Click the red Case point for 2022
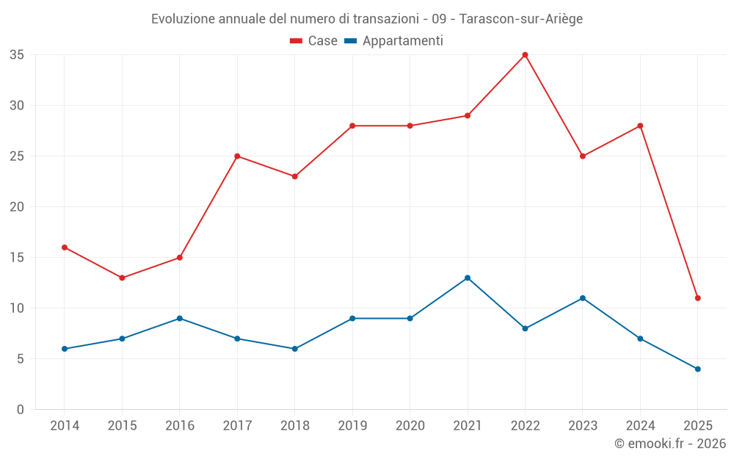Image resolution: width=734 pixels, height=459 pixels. coord(525,55)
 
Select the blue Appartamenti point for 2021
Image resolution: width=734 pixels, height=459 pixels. coord(468,278)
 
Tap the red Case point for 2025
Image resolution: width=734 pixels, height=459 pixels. coord(697,298)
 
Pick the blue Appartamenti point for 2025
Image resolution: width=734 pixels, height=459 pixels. coord(697,369)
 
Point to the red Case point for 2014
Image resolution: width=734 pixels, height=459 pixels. coord(65,247)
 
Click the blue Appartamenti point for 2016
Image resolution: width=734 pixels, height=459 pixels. coord(180,318)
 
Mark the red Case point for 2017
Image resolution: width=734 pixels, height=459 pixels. coord(237,156)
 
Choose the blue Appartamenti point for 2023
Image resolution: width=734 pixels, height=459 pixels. coord(583,298)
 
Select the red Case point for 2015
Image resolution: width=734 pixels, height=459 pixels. coord(122,278)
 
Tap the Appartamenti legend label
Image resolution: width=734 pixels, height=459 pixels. coord(402,41)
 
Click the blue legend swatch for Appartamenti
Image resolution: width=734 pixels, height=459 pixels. coord(351,41)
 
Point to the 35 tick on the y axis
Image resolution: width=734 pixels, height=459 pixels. coord(17,55)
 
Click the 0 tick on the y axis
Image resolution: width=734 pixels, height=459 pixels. coord(21,409)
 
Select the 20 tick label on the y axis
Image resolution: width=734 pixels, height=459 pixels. coord(17,207)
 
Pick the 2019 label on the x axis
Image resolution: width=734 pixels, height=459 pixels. coord(352,426)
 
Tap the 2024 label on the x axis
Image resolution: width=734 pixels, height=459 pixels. coord(640,426)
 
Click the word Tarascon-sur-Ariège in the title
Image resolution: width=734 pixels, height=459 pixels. coord(520,19)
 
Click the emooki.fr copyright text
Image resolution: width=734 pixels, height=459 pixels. coord(669,444)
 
